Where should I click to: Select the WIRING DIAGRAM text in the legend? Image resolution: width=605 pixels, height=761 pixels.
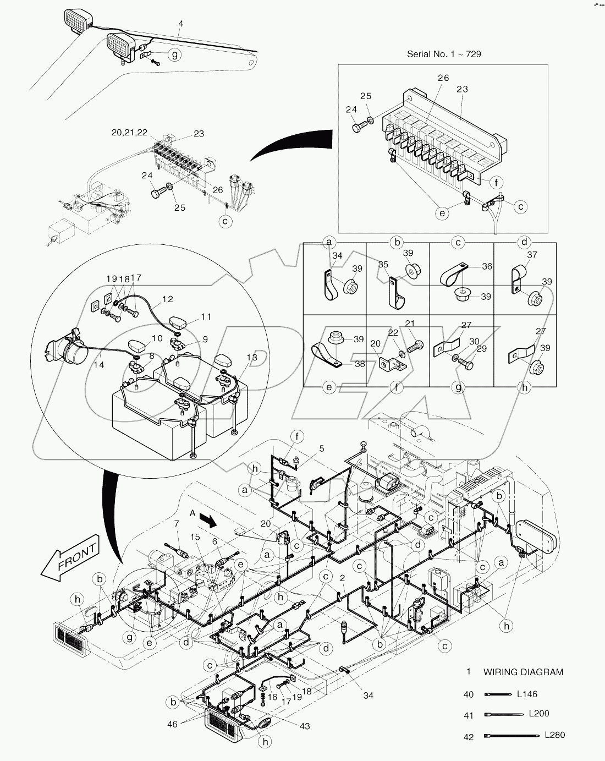523,672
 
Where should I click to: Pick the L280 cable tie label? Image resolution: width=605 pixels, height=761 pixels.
554,735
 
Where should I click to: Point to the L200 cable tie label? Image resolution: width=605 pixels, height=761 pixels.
539,714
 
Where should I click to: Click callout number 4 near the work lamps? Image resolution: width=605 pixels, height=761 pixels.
181,24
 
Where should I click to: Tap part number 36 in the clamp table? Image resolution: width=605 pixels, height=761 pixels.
487,266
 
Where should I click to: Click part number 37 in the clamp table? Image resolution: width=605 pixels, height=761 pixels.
532,255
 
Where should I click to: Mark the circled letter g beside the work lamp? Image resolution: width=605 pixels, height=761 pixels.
174,54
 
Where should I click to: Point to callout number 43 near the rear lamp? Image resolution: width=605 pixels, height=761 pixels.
304,726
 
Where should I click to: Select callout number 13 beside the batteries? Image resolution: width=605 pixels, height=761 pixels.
252,358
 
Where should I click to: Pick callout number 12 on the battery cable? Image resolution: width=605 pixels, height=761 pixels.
168,299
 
